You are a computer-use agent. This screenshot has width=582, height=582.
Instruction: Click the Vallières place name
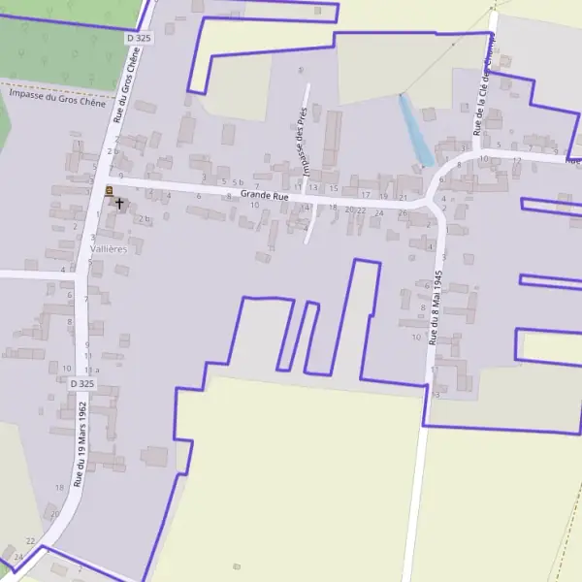tap(109, 249)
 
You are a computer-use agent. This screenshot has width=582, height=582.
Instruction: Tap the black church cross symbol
tap(119, 204)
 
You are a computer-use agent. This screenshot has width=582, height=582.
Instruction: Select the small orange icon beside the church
tap(109, 190)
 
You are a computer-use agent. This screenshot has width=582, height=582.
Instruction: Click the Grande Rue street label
tap(265, 196)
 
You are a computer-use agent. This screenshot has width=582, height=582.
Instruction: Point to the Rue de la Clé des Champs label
tap(483, 87)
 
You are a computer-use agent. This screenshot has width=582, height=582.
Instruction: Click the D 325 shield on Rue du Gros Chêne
tap(139, 38)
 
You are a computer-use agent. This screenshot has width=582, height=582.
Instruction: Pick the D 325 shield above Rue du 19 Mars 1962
tap(82, 384)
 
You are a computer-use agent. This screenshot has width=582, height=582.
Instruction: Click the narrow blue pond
tap(416, 129)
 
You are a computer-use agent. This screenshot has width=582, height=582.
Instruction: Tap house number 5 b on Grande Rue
tap(238, 181)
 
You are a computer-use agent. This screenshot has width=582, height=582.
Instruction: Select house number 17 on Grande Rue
tap(366, 195)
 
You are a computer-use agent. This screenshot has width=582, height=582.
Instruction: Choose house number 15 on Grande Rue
tap(333, 188)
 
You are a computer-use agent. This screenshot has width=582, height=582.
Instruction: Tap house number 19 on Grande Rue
tap(383, 197)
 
